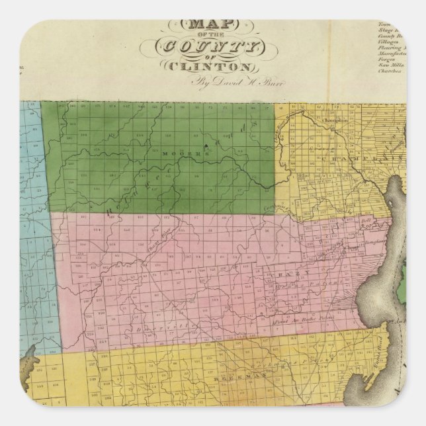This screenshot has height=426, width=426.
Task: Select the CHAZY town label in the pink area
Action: click(x=288, y=272)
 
